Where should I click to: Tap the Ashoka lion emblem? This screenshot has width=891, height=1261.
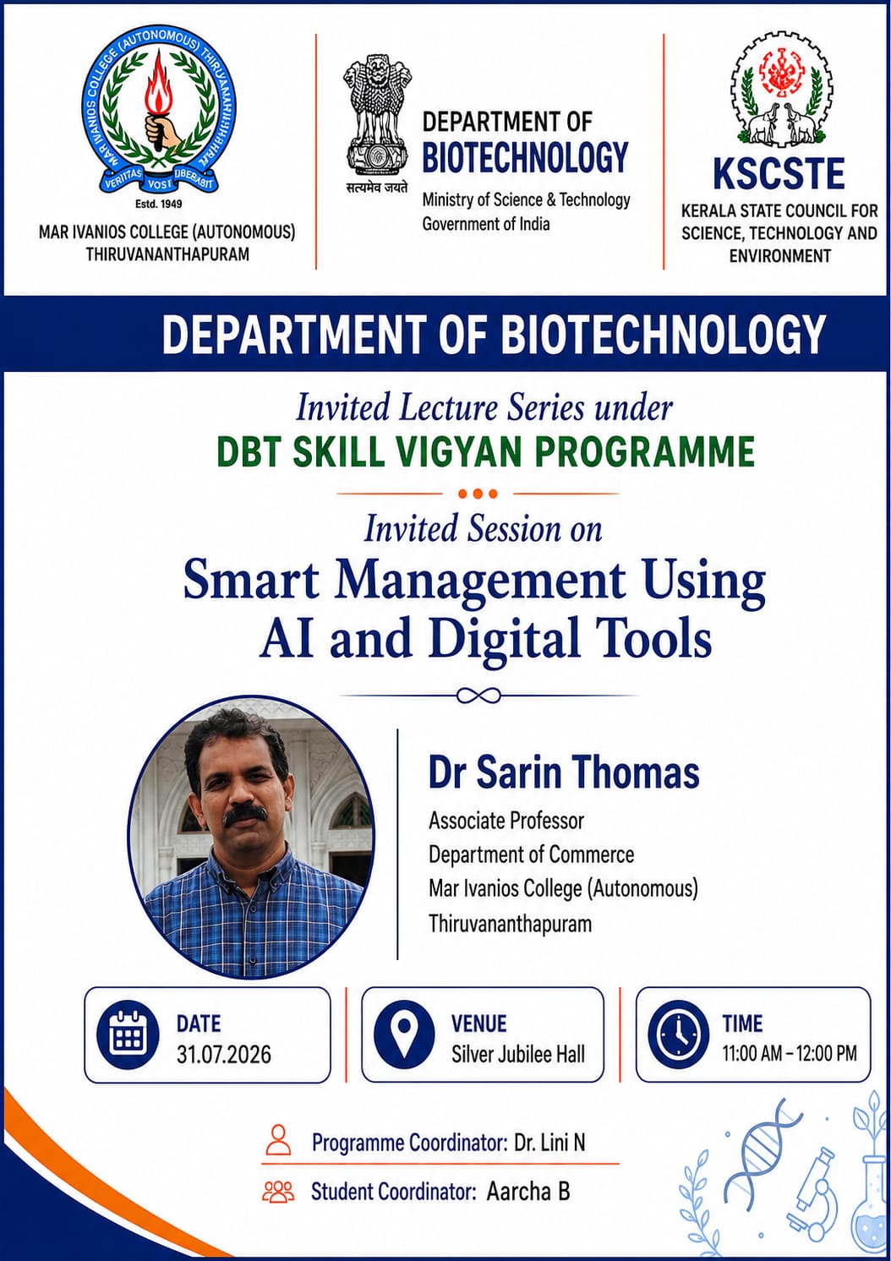376,114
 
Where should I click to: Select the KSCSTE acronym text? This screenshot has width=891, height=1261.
779,173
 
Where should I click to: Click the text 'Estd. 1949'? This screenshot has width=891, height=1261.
159,204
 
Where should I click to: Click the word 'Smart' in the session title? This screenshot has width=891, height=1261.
251,581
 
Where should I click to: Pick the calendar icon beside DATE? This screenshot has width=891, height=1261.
128,1036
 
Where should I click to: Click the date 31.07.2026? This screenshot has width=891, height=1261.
223,1054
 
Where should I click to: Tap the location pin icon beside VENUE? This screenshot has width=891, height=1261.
404,1036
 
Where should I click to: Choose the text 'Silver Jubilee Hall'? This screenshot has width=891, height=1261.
518,1054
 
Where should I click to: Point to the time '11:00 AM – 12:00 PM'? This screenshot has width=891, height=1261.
790,1053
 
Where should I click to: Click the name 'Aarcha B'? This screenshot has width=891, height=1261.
528,1192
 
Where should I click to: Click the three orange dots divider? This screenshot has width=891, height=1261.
478,494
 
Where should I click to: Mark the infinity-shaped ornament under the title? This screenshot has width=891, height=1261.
478,696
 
